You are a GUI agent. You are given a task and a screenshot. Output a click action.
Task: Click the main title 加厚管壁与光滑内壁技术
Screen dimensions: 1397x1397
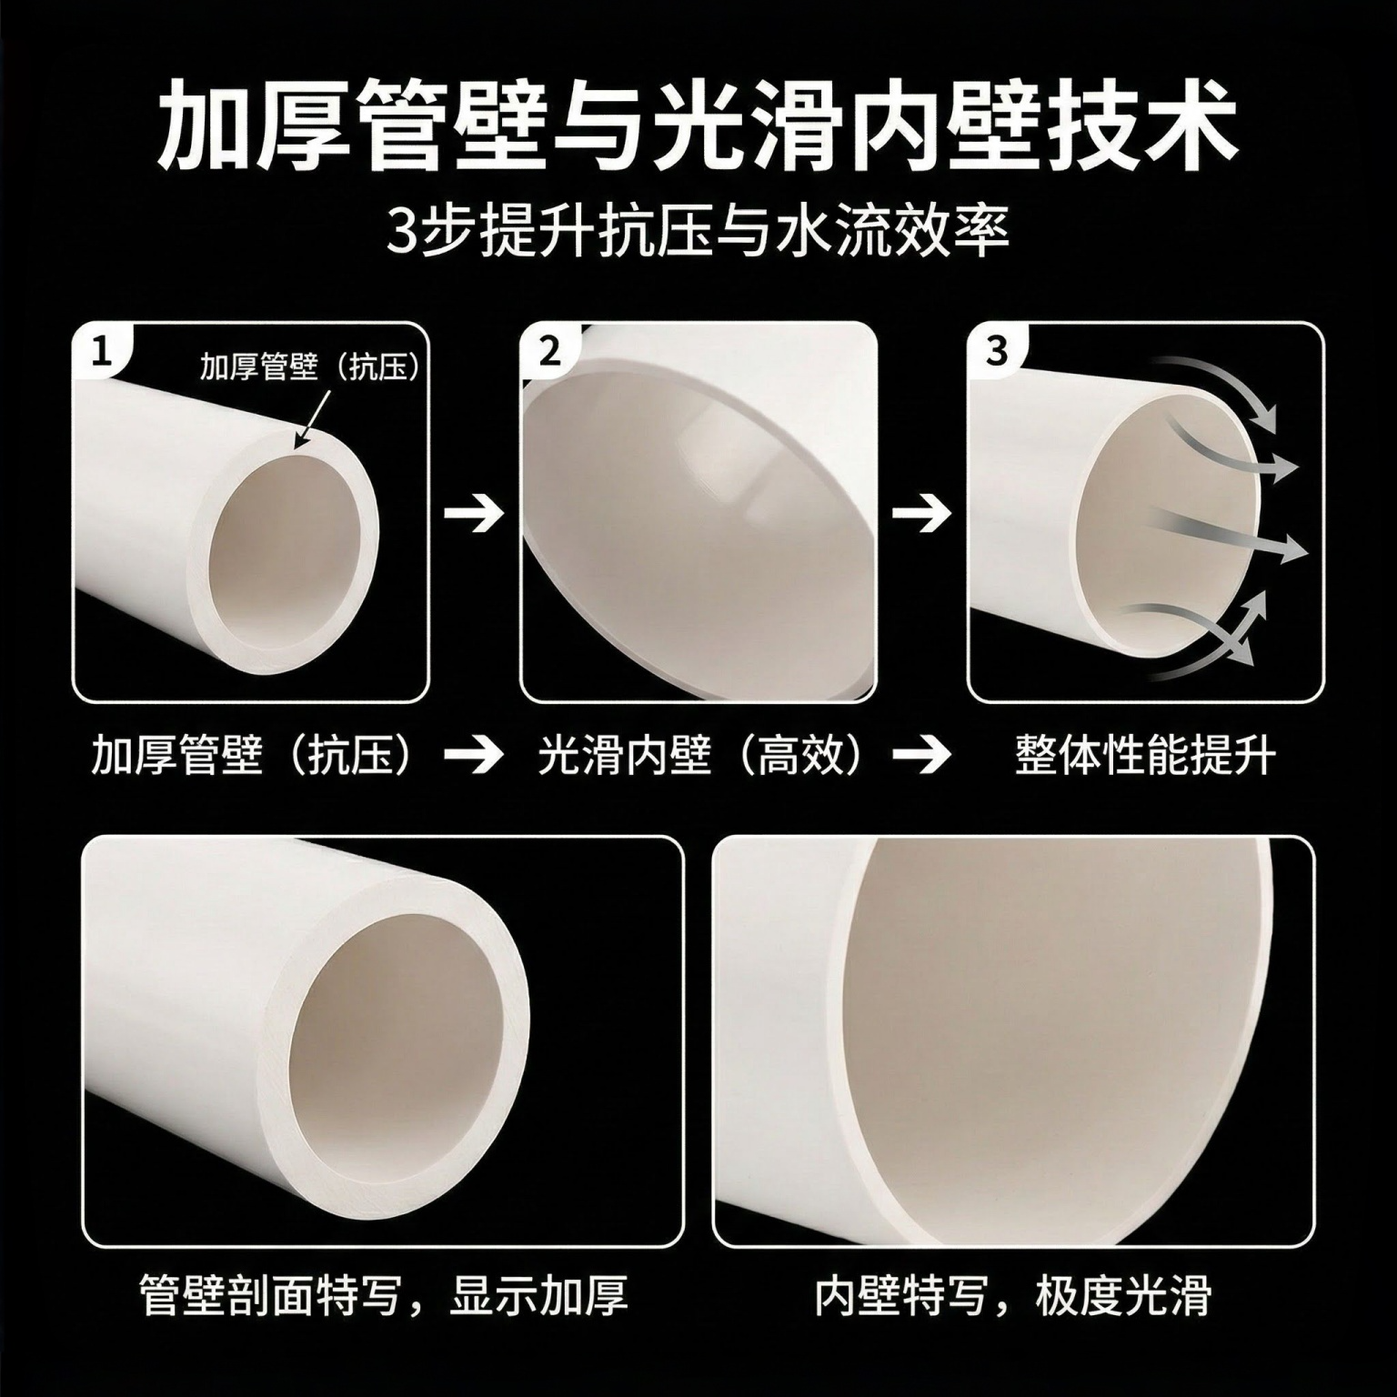(x=698, y=126)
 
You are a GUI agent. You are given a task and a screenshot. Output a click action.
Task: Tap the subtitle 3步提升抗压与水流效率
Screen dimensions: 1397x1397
(x=698, y=233)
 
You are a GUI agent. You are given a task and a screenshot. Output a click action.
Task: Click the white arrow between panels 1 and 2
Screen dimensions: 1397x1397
(x=474, y=513)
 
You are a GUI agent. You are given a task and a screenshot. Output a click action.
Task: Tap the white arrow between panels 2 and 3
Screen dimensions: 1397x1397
(x=921, y=513)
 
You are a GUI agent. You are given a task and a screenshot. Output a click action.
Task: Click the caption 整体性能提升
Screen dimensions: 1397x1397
(x=1145, y=756)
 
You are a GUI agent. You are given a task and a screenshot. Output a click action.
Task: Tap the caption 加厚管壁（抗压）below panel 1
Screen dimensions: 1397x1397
(x=252, y=756)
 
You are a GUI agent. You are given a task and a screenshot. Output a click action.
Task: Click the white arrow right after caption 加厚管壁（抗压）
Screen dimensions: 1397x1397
(x=474, y=756)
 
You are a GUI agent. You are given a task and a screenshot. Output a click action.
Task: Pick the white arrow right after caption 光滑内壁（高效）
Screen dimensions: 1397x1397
(x=921, y=756)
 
